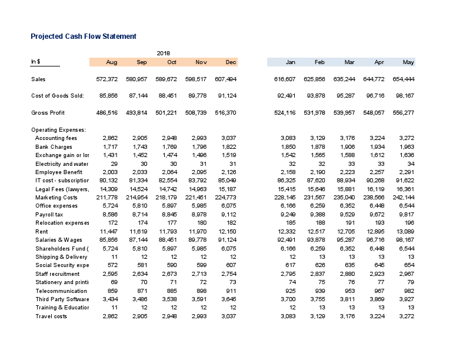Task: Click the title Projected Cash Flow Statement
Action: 84,36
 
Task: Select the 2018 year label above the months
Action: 163,54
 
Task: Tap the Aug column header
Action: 111,62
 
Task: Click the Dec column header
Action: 231,62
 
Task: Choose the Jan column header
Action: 290,62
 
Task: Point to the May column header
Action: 408,62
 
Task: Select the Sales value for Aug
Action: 106,79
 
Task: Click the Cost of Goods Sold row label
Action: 57,96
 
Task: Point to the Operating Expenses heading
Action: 58,130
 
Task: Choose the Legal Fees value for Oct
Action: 168,189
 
